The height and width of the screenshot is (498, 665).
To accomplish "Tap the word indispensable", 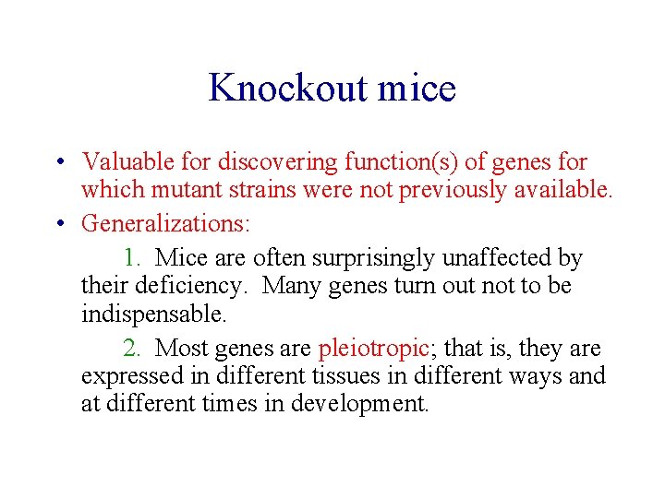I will coord(152,314).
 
